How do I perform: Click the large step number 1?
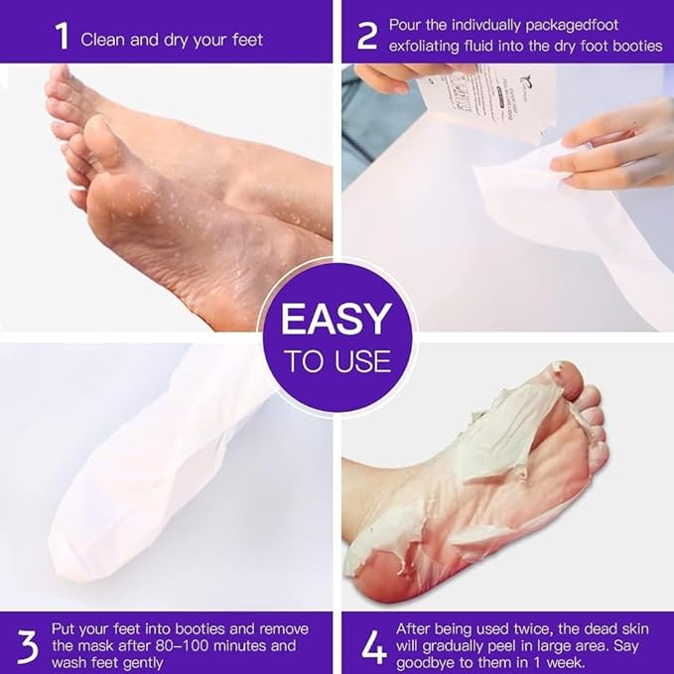click(62, 39)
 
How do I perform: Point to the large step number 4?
click(372, 646)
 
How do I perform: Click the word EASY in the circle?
click(336, 321)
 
